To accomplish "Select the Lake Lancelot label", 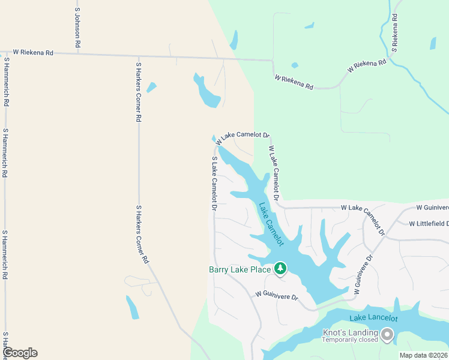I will (374, 317).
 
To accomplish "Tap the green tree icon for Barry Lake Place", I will (280, 269).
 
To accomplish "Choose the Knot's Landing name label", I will (351, 332).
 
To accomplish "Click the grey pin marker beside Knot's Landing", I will (387, 334).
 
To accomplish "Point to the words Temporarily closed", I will (351, 340).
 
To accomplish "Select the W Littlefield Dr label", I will (429, 224).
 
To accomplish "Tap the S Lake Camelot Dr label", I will (214, 183).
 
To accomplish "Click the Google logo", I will (20, 353).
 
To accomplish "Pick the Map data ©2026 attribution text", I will (423, 355).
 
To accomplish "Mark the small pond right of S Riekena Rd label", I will (433, 43).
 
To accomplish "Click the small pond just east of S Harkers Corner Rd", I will (151, 87).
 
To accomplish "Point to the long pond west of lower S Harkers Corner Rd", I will (132, 307).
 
